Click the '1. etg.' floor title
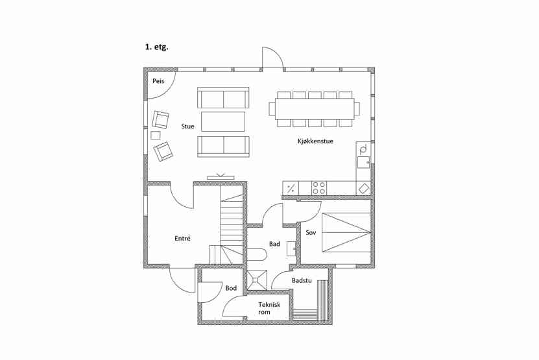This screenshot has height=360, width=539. (x=156, y=47)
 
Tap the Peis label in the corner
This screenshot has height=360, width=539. (x=158, y=81)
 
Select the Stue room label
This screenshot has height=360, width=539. (x=187, y=126)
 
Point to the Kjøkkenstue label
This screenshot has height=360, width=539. (x=315, y=141)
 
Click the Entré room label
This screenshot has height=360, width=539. (x=182, y=238)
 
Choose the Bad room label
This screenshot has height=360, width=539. (x=274, y=244)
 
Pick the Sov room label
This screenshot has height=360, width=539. (x=311, y=232)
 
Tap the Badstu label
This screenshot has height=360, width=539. (x=302, y=281)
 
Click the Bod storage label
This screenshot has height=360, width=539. (x=231, y=288)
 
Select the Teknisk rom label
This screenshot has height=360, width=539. (x=269, y=308)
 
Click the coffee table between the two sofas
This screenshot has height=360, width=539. (x=223, y=121)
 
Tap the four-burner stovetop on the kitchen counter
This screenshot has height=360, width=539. (x=319, y=188)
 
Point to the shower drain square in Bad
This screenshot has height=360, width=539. (x=257, y=280)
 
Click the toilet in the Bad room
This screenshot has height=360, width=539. (x=257, y=255)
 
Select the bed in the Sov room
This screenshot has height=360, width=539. (x=346, y=232)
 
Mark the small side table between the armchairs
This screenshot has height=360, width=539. (x=156, y=136)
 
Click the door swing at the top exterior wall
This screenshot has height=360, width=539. (x=272, y=58)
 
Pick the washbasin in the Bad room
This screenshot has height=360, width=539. (x=291, y=248)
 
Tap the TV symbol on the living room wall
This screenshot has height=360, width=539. (x=221, y=176)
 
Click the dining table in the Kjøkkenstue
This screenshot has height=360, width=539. (x=315, y=109)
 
